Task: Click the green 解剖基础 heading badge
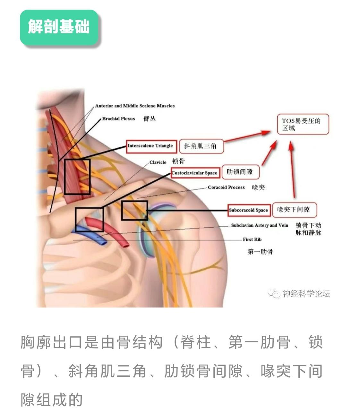click(x=59, y=27)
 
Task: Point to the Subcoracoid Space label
click(x=248, y=210)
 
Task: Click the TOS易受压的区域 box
click(x=303, y=124)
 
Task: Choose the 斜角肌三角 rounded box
click(x=201, y=146)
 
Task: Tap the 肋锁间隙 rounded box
click(x=240, y=172)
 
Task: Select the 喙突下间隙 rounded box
click(x=294, y=210)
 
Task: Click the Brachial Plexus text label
click(x=118, y=119)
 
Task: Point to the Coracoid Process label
click(x=226, y=187)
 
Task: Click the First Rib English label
click(x=252, y=239)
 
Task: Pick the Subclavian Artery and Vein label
click(x=260, y=225)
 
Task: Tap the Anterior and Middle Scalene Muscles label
click(x=135, y=106)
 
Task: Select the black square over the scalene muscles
click(x=77, y=176)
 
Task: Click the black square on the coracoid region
click(x=134, y=210)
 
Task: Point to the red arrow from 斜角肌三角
click(x=247, y=136)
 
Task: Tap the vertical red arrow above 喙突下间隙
click(x=292, y=170)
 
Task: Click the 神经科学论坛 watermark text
click(x=305, y=293)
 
